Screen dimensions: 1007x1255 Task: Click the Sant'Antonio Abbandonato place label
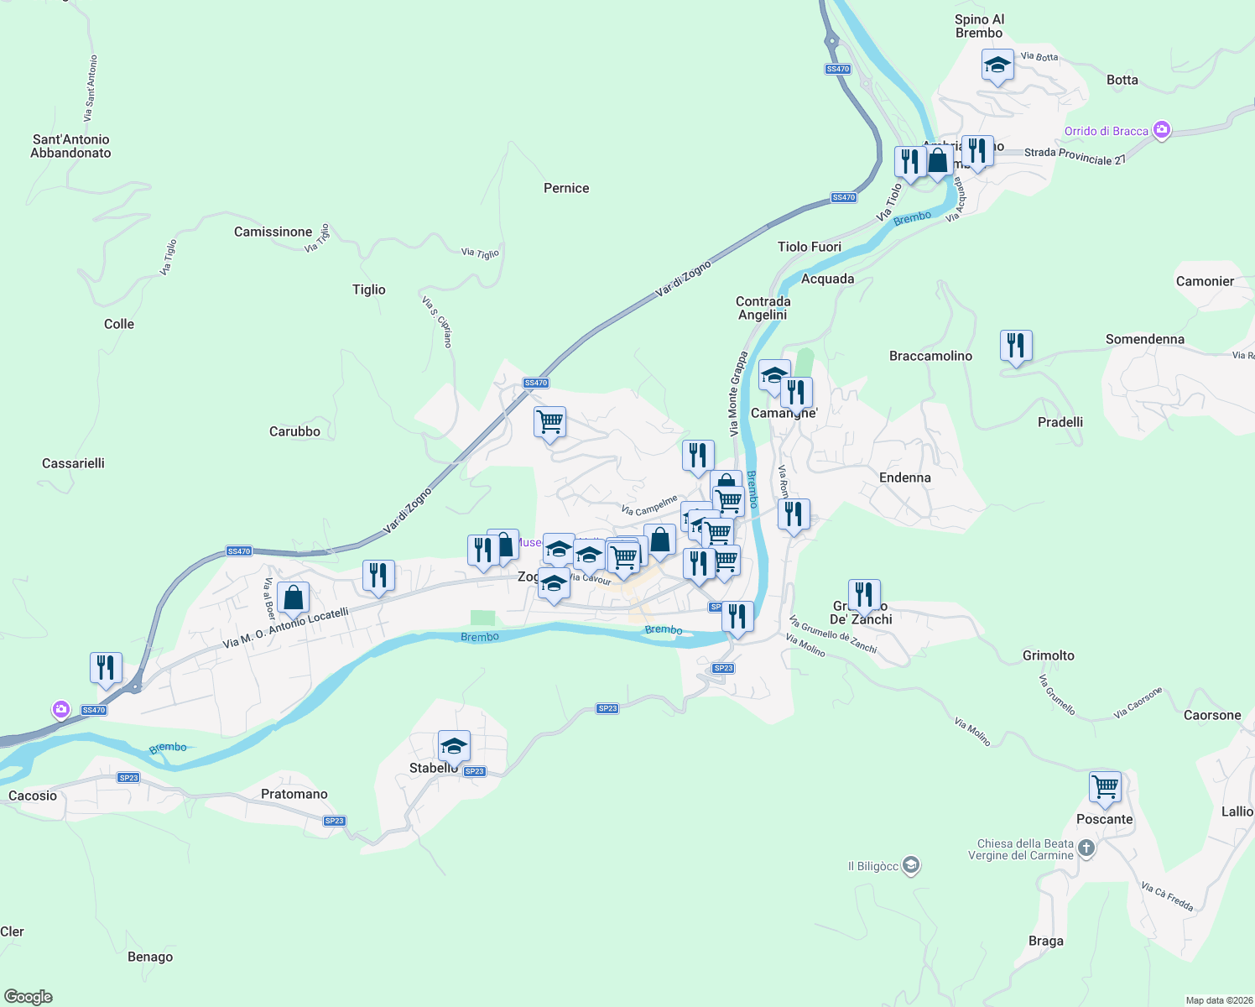coord(70,146)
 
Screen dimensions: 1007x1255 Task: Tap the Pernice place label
coord(566,188)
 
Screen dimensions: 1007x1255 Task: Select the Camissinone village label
coord(273,232)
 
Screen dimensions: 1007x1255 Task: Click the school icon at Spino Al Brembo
coord(997,65)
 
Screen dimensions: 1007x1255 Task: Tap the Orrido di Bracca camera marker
coord(1162,130)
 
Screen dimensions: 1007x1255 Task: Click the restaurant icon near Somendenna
coord(1016,346)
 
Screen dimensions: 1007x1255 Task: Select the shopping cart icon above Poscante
coord(1105,788)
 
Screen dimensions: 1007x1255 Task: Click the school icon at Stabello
coord(454,746)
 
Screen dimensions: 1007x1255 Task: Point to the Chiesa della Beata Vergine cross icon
coord(1086,848)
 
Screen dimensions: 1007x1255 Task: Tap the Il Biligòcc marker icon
coord(912,866)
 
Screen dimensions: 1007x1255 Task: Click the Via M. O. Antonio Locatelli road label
coord(285,629)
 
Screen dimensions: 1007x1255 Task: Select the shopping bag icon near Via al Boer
coord(293,598)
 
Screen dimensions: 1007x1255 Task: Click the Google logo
coord(29,997)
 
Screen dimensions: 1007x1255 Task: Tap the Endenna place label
coord(904,477)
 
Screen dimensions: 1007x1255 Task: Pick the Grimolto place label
coord(1048,655)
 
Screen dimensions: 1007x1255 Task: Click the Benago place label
coord(150,957)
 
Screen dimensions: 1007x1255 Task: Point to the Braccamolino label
coord(930,356)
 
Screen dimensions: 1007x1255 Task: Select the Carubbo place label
coord(294,431)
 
